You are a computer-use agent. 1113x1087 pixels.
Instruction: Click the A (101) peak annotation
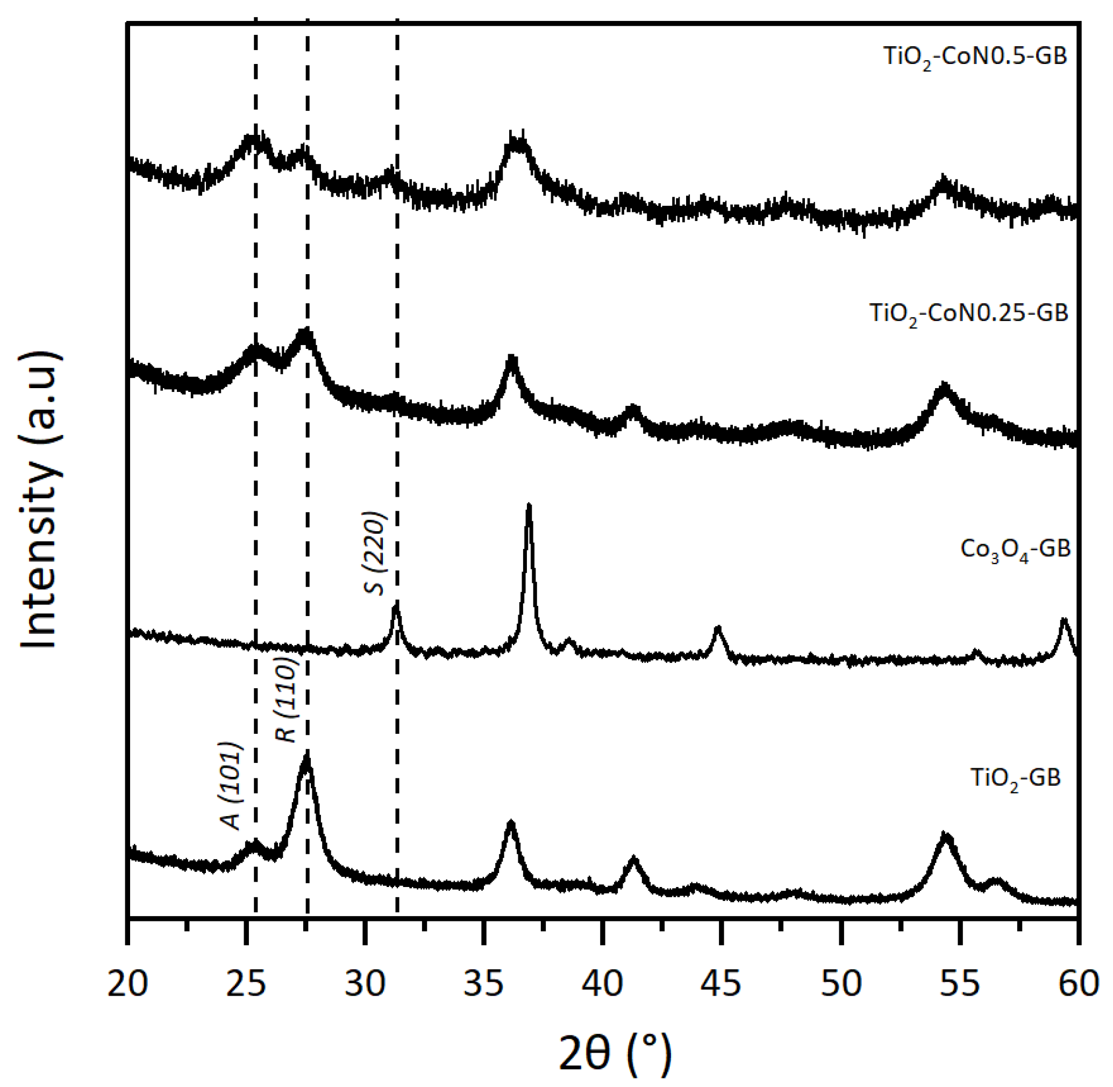pyautogui.click(x=231, y=786)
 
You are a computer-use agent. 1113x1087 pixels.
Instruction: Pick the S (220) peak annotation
pyautogui.click(x=375, y=553)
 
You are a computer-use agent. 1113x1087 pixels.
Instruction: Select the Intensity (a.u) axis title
pyautogui.click(x=40, y=500)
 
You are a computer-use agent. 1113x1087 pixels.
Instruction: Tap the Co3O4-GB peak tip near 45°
pyautogui.click(x=718, y=628)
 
